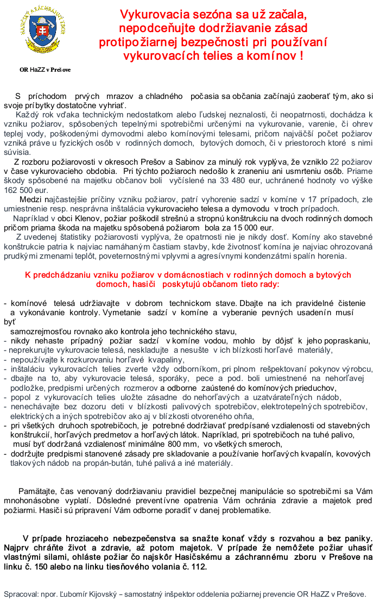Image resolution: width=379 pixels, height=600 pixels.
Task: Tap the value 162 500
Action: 20,190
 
